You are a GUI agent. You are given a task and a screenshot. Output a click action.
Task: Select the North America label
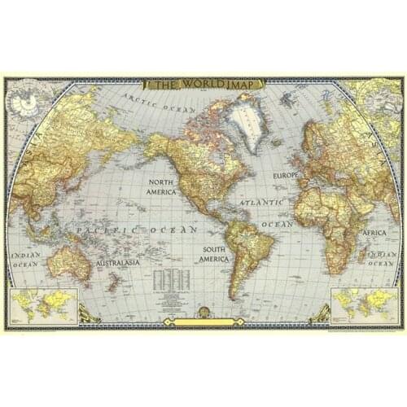click(161, 186)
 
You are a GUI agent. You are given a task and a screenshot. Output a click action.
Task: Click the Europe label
click(287, 175)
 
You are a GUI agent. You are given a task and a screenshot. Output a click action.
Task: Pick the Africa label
click(375, 233)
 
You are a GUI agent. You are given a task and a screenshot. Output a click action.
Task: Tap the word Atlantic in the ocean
click(261, 199)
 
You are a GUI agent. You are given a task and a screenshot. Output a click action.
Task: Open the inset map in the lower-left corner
click(44, 305)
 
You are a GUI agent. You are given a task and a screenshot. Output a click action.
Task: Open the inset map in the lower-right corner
click(362, 305)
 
